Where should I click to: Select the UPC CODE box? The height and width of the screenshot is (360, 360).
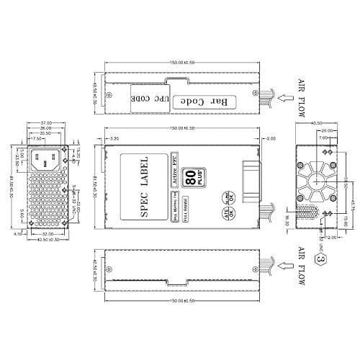click(141, 98)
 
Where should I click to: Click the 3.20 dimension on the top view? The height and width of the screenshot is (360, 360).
click(112, 138)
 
